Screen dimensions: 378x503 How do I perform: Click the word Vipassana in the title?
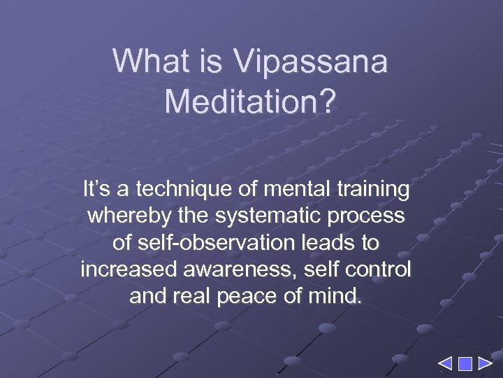311,62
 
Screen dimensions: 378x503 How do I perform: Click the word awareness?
226,269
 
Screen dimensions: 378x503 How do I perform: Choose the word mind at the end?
338,295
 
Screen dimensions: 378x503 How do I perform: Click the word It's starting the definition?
96,189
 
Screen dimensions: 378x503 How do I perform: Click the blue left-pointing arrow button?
444,363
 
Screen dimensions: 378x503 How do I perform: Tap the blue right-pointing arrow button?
485,363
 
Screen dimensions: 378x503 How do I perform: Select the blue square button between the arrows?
465,363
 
